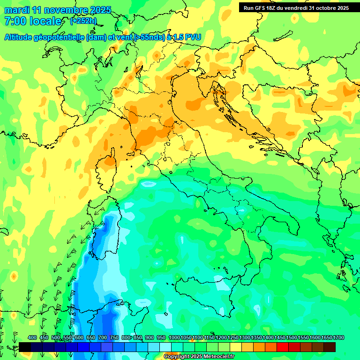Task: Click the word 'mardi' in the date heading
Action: [16, 10]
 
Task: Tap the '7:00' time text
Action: [15, 21]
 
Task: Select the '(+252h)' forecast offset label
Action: [83, 21]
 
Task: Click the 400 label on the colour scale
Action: [32, 338]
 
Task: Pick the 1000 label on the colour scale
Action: [174, 338]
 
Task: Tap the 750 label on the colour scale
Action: [114, 338]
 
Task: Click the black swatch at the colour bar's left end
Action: [25, 347]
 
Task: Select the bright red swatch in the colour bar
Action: [283, 347]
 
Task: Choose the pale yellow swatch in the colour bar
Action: [236, 347]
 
